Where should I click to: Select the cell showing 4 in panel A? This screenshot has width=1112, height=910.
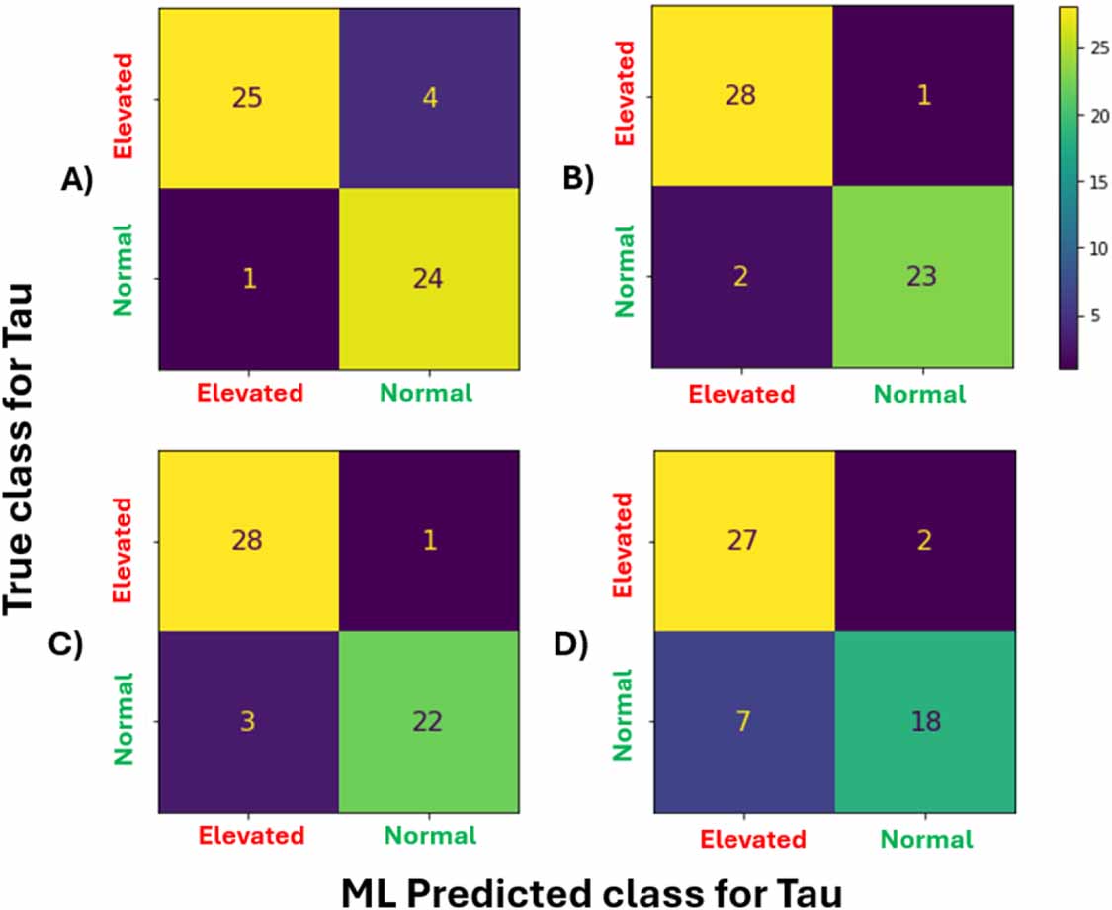428,100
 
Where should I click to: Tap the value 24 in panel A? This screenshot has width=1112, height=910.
428,279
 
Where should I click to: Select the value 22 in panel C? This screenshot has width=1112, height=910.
428,723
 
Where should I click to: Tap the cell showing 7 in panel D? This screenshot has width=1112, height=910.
742,723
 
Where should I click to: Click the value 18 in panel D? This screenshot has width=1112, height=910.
921,723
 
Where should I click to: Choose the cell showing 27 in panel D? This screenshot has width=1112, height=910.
742,543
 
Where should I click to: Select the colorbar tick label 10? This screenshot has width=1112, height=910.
1093,249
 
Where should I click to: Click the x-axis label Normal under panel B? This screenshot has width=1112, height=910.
922,395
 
